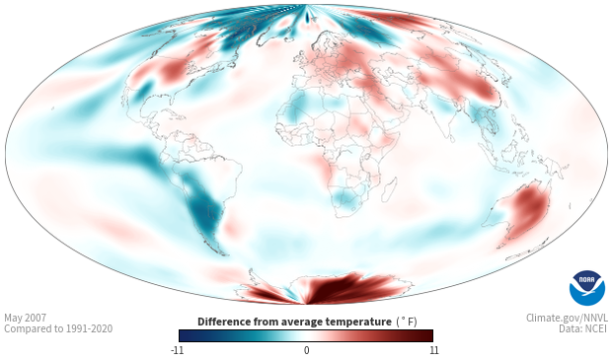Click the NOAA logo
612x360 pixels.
(x=587, y=288)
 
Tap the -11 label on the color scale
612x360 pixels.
(x=177, y=350)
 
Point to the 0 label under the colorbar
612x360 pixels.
(x=306, y=350)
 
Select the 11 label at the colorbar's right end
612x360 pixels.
(x=433, y=350)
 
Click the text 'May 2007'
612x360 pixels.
(x=25, y=318)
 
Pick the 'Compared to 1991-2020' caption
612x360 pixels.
(x=58, y=328)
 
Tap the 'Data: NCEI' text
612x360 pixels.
(x=583, y=328)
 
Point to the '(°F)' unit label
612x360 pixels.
(x=407, y=322)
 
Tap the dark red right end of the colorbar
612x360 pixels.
(x=428, y=335)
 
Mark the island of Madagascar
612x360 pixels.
(x=390, y=188)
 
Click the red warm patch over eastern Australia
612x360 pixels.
(x=529, y=209)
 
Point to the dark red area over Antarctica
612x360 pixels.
(x=344, y=289)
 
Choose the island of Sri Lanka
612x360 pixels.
(x=451, y=137)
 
